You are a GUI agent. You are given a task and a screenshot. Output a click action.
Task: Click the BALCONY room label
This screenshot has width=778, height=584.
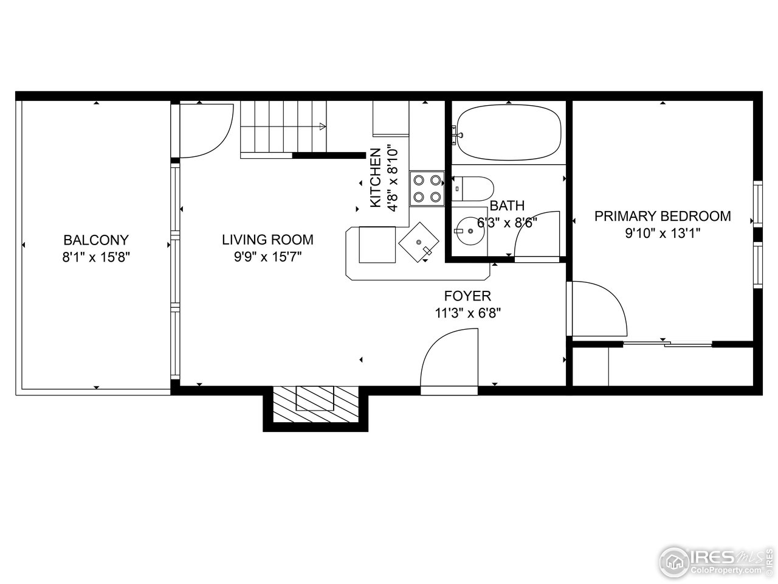[96, 240]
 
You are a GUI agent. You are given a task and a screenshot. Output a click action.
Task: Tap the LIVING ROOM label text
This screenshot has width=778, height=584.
[267, 240]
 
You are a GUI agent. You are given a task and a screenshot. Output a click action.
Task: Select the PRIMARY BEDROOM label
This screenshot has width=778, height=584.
[663, 216]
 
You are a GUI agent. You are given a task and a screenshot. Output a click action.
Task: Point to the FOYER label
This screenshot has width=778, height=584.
[467, 296]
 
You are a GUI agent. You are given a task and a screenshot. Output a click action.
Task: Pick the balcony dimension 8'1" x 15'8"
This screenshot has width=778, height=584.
[96, 257]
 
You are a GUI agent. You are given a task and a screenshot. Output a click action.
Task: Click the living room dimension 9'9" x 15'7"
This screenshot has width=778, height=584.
[267, 257]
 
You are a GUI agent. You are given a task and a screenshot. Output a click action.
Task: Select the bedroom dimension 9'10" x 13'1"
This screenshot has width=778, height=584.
[663, 234]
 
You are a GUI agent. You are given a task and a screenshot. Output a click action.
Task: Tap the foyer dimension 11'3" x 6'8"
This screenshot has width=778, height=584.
[467, 313]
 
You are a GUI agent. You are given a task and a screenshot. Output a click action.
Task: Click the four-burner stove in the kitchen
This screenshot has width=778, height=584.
[427, 188]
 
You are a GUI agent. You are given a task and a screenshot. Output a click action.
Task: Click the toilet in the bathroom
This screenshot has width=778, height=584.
[474, 188]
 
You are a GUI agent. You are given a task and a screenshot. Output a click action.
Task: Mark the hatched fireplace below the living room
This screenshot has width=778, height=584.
[315, 404]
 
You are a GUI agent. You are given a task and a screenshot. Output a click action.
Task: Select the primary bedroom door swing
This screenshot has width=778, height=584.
[599, 307]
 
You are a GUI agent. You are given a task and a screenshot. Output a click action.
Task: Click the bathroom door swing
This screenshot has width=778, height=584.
[537, 236]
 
